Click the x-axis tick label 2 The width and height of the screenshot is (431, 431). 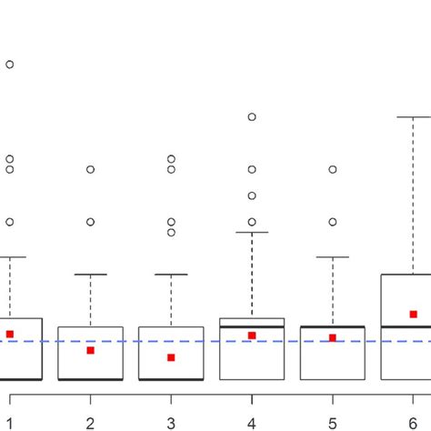(x=90, y=422)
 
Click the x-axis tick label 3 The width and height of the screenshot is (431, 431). (x=171, y=422)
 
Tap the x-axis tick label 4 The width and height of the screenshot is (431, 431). (x=252, y=422)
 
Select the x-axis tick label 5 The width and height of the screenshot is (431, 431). (x=332, y=422)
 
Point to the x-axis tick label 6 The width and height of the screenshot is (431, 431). (x=413, y=422)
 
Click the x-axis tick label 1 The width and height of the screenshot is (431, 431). (x=10, y=422)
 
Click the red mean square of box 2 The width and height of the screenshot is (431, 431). (x=90, y=350)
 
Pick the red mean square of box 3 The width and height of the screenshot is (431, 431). (x=171, y=357)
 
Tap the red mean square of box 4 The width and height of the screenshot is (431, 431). (x=252, y=336)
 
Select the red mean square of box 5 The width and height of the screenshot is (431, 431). (x=332, y=337)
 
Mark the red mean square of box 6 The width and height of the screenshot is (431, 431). (x=413, y=314)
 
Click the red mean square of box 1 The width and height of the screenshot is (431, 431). (x=10, y=334)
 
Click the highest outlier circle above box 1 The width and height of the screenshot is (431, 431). (x=10, y=65)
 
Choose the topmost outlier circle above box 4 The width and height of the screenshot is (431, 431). (x=252, y=116)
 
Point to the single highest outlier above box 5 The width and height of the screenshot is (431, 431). (x=332, y=169)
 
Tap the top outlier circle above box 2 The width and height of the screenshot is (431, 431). (x=90, y=169)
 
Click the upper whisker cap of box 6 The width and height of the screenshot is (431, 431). (x=413, y=117)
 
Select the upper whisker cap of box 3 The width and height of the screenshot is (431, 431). (x=171, y=274)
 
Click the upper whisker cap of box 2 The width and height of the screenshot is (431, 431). (x=90, y=274)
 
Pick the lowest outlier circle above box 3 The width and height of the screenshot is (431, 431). (x=171, y=232)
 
